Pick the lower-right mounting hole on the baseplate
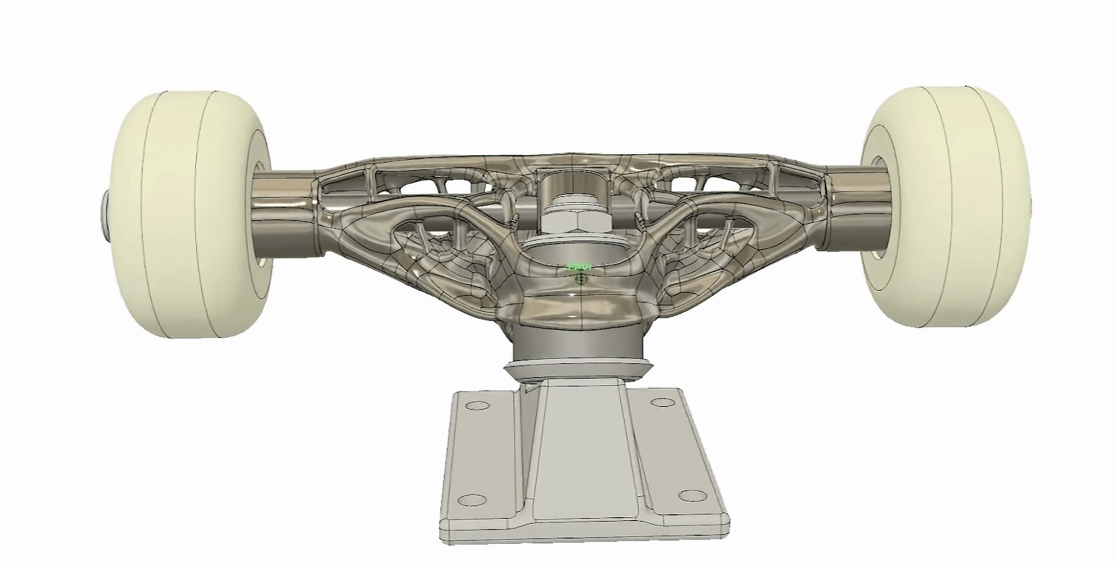[691, 495]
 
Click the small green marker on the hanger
[579, 267]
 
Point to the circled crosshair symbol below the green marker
[579, 279]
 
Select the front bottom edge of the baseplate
[582, 544]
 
